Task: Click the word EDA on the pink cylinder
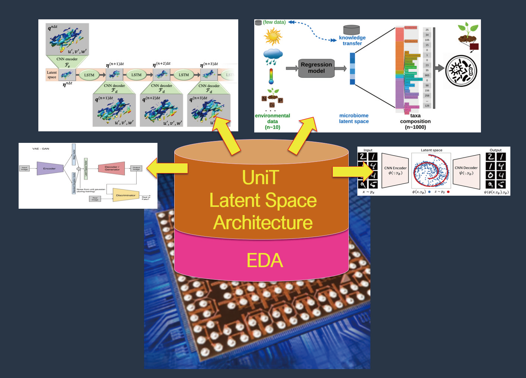click(265, 260)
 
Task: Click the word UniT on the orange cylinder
click(260, 177)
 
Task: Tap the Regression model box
click(316, 68)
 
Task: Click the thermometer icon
click(271, 76)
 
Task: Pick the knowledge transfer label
click(352, 41)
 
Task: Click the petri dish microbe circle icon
click(461, 71)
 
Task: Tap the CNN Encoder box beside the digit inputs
click(395, 170)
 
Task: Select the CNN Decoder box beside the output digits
click(466, 170)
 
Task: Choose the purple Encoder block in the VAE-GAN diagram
click(50, 169)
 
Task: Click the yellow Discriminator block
click(125, 195)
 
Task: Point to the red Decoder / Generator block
click(112, 168)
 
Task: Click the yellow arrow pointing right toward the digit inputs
click(352, 172)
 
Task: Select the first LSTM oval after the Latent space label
click(89, 75)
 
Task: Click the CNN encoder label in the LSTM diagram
click(67, 59)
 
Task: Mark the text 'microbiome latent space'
click(354, 118)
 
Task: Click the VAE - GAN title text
click(41, 149)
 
